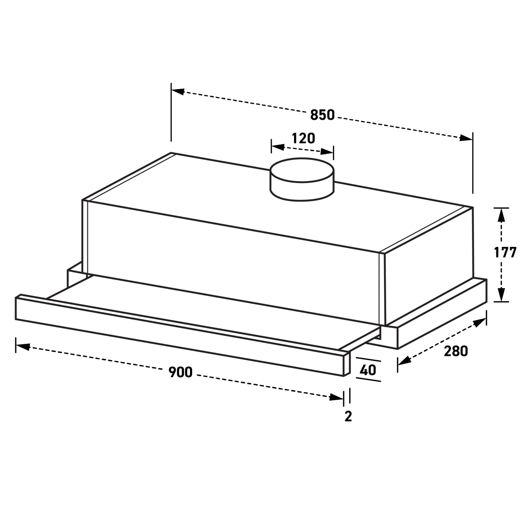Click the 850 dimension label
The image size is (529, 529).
pyautogui.click(x=322, y=115)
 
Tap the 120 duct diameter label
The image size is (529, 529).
pyautogui.click(x=303, y=138)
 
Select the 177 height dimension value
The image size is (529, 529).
pyautogui.click(x=505, y=253)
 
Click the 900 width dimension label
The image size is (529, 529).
pyautogui.click(x=180, y=372)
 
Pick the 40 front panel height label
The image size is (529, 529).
pyautogui.click(x=368, y=370)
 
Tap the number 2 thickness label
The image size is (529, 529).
pyautogui.click(x=348, y=417)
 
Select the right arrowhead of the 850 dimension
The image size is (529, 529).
pyautogui.click(x=466, y=138)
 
